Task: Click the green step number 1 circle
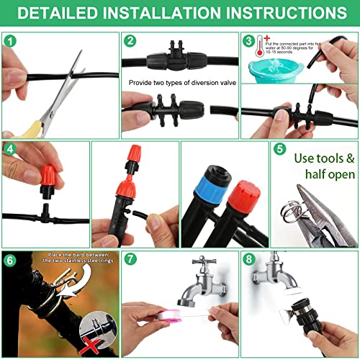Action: pyautogui.click(x=9, y=41)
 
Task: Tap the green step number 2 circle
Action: pyautogui.click(x=130, y=41)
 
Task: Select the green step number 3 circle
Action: pyautogui.click(x=248, y=42)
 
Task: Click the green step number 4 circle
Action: pyautogui.click(x=9, y=149)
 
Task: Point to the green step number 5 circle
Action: pyautogui.click(x=280, y=149)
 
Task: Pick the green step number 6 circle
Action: pyautogui.click(x=9, y=259)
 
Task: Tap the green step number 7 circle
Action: pyautogui.click(x=130, y=259)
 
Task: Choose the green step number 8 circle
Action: pyautogui.click(x=248, y=259)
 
